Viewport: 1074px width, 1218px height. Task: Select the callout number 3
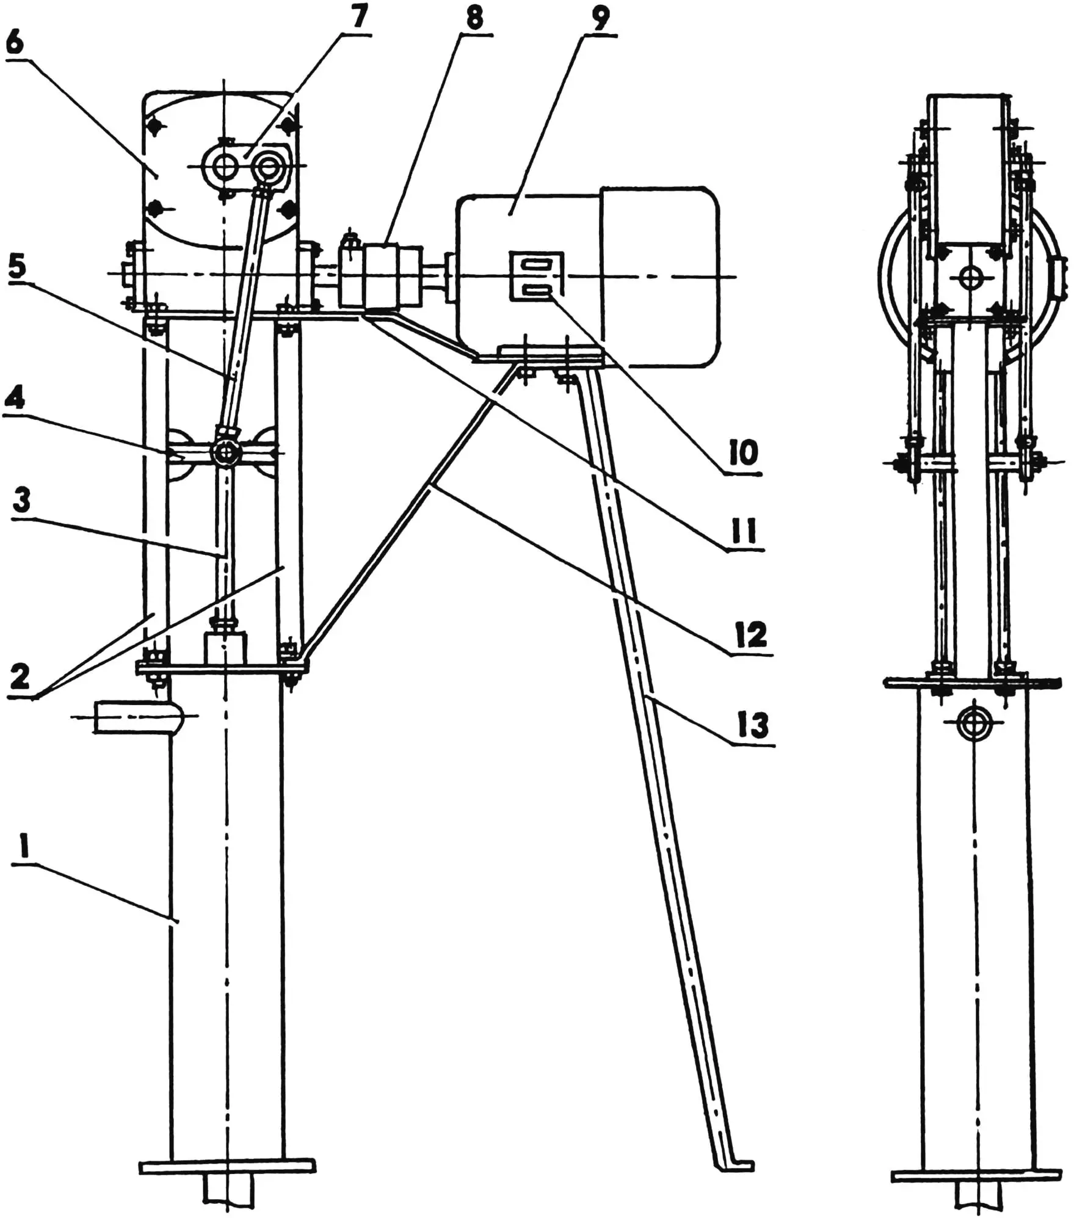coord(21,501)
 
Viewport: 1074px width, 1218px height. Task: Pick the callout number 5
coord(17,267)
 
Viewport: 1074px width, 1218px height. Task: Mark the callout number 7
coord(359,18)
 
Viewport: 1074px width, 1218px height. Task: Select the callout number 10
coord(743,453)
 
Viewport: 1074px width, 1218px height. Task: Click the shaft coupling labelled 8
coord(380,276)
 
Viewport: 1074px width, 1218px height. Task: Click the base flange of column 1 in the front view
coord(227,1167)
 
